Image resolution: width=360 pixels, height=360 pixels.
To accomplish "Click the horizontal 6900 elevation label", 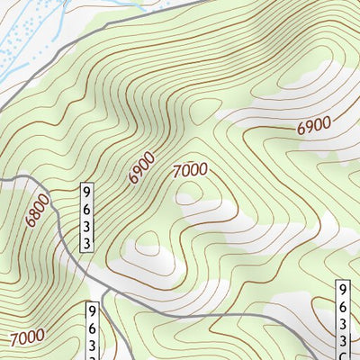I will tap(314, 126).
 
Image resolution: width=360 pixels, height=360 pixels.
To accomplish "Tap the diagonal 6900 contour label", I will tap(142, 167).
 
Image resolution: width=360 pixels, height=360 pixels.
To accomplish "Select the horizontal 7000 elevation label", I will tap(190, 168).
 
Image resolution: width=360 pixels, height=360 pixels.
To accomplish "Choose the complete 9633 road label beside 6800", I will tap(87, 219).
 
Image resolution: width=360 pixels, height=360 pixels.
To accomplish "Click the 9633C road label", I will tap(343, 320).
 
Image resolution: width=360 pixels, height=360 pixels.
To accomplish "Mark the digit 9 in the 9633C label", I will tap(343, 291).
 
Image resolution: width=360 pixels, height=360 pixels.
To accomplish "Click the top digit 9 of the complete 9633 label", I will tap(87, 193).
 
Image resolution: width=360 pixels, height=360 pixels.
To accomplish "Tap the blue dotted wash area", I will tap(27, 36).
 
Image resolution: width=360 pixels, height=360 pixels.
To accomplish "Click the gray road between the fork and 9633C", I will tap(225, 316).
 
